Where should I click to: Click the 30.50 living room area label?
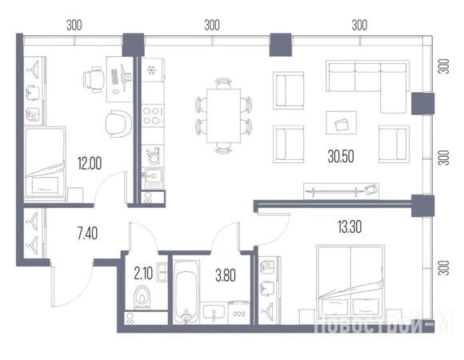(x=341, y=157)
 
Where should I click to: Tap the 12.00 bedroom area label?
(x=90, y=163)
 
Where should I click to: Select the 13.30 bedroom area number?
(x=350, y=227)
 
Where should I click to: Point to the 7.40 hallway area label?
(x=87, y=234)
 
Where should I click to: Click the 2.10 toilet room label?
(x=143, y=274)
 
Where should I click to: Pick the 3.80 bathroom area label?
(x=226, y=275)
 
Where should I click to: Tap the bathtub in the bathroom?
(x=186, y=292)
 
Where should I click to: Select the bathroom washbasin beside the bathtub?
(x=214, y=314)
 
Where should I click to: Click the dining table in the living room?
(x=223, y=116)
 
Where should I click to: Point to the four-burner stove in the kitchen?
(x=152, y=116)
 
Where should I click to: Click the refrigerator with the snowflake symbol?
(x=153, y=70)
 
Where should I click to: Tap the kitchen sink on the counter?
(x=153, y=178)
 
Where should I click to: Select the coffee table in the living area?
(x=341, y=122)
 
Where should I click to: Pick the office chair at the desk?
(x=93, y=80)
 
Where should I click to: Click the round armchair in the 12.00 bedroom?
(x=118, y=124)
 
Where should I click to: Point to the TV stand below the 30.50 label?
(x=341, y=191)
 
